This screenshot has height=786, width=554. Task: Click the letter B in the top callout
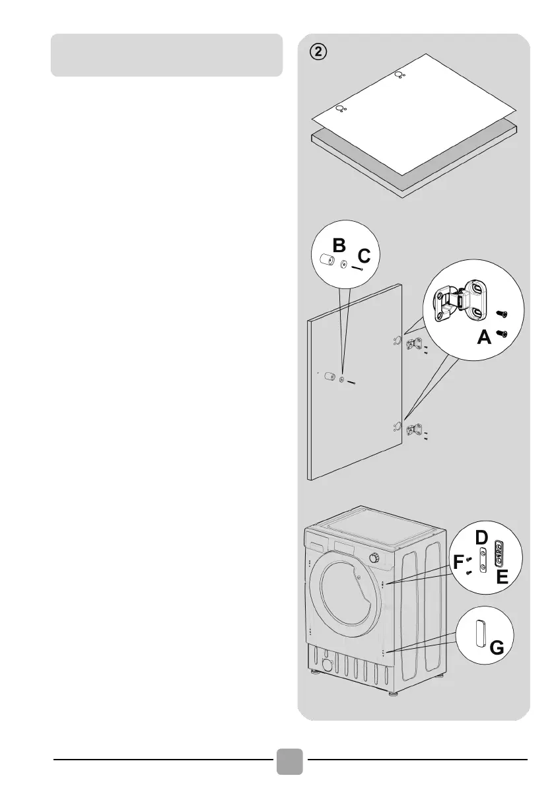pos(339,246)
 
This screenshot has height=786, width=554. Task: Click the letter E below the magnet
pos(502,578)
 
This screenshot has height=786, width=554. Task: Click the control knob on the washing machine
pos(375,558)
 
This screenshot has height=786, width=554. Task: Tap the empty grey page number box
pos(289,761)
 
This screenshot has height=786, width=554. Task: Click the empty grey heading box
pos(166,55)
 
